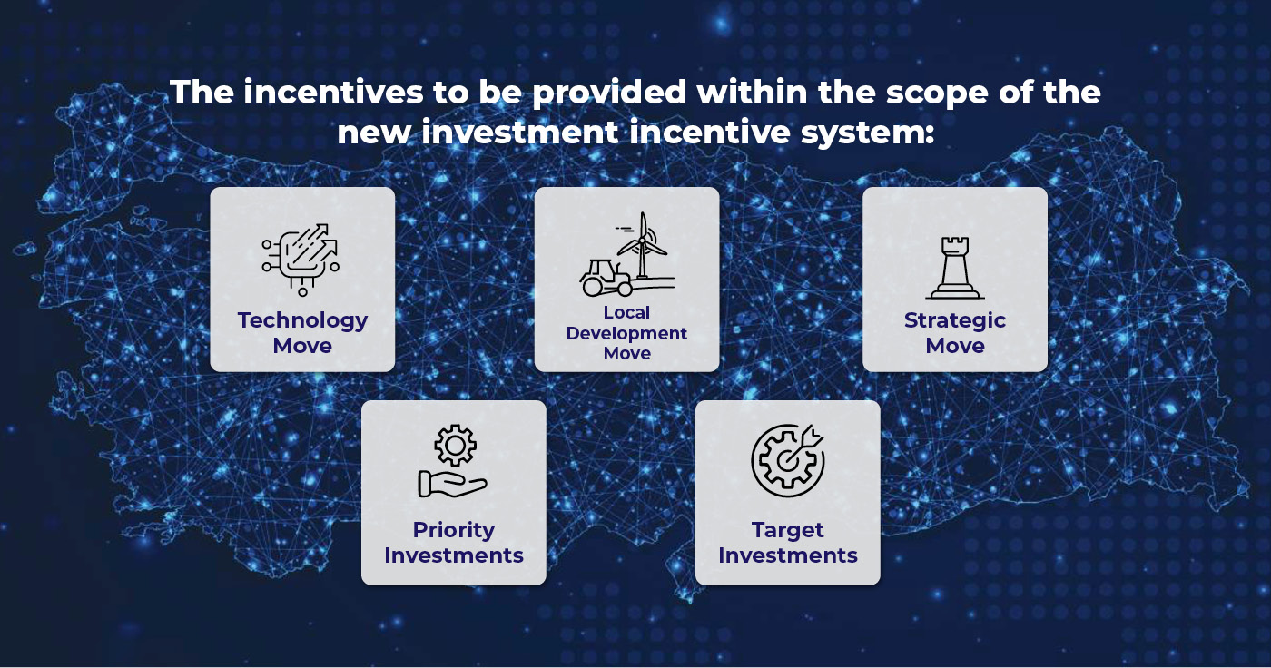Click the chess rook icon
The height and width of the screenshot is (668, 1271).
[955, 268]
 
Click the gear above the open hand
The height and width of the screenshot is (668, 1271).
[455, 445]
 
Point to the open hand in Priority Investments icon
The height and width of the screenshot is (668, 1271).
[452, 485]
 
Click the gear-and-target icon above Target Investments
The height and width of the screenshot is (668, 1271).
[788, 460]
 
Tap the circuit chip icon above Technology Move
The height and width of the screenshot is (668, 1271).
[301, 260]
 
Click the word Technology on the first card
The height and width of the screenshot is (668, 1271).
[302, 321]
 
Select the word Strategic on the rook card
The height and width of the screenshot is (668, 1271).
[955, 321]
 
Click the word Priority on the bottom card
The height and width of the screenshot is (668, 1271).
[454, 530]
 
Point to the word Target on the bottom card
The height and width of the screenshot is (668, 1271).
[788, 531]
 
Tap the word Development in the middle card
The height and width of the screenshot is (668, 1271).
[626, 333]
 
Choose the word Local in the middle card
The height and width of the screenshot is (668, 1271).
[626, 312]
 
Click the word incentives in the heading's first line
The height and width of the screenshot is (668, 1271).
[333, 92]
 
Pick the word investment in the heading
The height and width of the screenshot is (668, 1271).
[519, 133]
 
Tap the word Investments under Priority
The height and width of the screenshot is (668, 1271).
[454, 555]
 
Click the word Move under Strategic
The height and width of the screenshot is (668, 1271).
[955, 346]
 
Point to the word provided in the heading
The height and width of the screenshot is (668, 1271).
[609, 93]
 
